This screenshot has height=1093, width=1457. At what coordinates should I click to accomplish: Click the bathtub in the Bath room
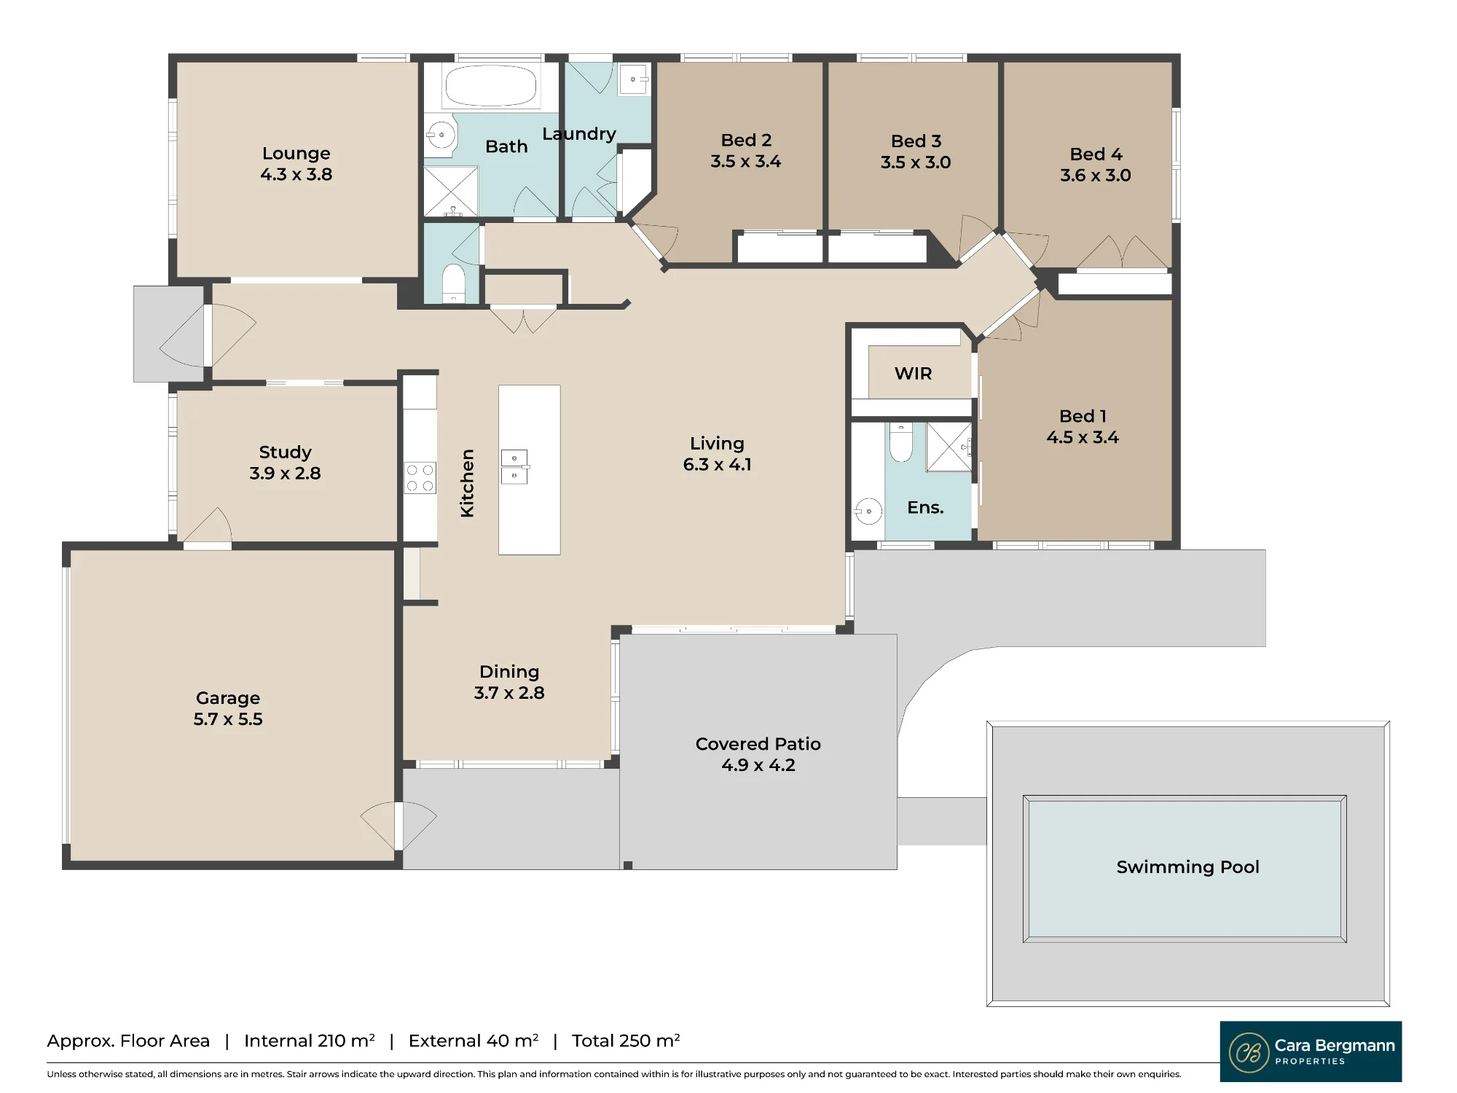coord(491,86)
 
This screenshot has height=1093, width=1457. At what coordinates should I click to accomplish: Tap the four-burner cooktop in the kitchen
coord(420,478)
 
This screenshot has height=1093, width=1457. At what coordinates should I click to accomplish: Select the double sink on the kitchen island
coord(514,467)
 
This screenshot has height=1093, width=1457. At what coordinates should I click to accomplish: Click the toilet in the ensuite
coord(901,442)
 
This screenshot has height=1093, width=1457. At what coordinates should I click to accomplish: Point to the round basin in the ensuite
coord(868,511)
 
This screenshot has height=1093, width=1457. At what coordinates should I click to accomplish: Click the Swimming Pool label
coord(1187,867)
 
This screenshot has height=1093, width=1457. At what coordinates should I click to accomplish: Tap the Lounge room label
coord(296,153)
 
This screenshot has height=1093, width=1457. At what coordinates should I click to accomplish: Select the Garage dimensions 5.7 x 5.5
coord(228,719)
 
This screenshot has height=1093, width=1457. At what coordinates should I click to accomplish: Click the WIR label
coord(914,374)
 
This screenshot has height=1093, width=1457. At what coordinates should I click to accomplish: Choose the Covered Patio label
coord(758,744)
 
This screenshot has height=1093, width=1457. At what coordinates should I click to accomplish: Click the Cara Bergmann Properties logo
coord(1311,1051)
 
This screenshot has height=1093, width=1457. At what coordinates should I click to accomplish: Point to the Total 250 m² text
coord(626,1041)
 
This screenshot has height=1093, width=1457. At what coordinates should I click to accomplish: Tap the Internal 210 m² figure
coord(310,1041)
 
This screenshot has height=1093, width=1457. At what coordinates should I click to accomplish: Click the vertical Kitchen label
coord(467,483)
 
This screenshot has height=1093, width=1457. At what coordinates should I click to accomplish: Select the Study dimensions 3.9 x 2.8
coord(285,473)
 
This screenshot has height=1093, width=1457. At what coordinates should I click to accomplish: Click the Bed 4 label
coord(1096,154)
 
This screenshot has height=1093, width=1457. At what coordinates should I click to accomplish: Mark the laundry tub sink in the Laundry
coord(633,79)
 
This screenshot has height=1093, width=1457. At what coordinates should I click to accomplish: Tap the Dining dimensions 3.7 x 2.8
coord(509,693)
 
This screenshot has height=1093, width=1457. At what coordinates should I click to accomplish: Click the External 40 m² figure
coord(474,1041)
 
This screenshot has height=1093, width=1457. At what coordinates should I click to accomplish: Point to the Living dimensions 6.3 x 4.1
coord(718,464)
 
